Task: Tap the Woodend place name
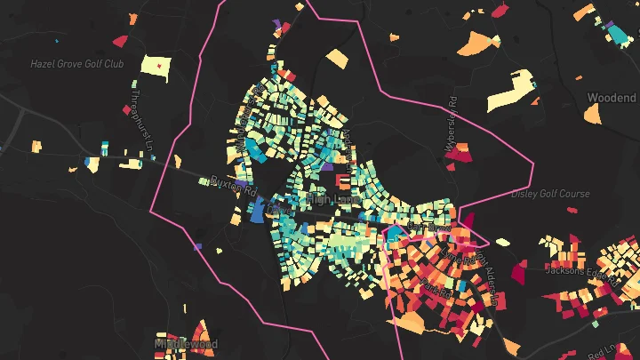click(x=612, y=97)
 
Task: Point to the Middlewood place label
click(x=186, y=343)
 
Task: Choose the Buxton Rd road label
click(x=232, y=186)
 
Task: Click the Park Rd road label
click(x=437, y=290)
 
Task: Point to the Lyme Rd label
click(x=455, y=256)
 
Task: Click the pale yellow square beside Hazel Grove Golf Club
click(x=156, y=68)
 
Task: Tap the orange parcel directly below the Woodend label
click(x=592, y=113)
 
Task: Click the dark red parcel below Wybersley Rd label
click(x=458, y=156)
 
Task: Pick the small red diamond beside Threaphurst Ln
click(x=125, y=110)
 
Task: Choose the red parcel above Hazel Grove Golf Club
click(x=119, y=39)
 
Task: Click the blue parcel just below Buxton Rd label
click(x=258, y=211)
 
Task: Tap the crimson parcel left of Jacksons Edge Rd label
click(x=518, y=267)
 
